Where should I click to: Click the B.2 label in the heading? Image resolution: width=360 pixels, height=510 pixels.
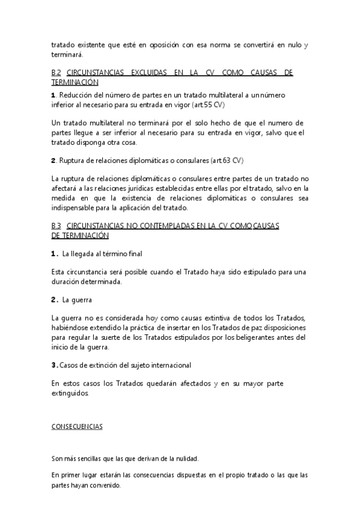coord(56,72)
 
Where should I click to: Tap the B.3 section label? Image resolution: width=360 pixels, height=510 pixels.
coord(56,225)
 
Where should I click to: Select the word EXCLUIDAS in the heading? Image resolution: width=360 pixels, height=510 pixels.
coord(141,72)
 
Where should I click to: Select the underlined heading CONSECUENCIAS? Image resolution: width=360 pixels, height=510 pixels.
coord(77,426)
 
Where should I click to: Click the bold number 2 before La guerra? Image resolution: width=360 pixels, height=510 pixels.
coord(53,299)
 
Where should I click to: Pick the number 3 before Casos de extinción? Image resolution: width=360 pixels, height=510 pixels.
coord(53,365)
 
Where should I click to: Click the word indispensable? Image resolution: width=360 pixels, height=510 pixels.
coord(78,208)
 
